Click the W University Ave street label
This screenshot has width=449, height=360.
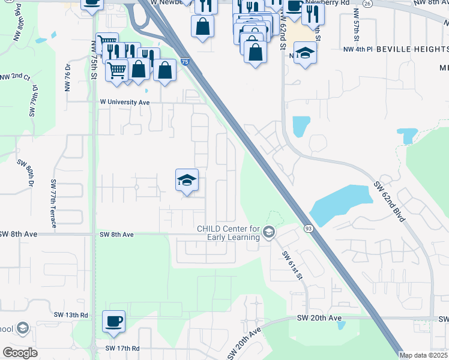[x=124, y=103]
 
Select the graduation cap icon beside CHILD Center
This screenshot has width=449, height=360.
[x=269, y=232]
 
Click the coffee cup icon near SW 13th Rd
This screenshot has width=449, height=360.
[x=113, y=321]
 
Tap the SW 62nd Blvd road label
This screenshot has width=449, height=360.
[x=390, y=202]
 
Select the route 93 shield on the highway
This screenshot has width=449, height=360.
[x=308, y=228]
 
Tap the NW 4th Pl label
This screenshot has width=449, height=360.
[x=358, y=49]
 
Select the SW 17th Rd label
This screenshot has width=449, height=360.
[x=122, y=348]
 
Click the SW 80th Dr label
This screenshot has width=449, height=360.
[x=28, y=173]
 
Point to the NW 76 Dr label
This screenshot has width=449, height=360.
[x=67, y=77]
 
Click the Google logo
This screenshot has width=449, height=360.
[x=20, y=353]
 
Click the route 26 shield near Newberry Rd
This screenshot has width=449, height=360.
[x=367, y=3]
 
